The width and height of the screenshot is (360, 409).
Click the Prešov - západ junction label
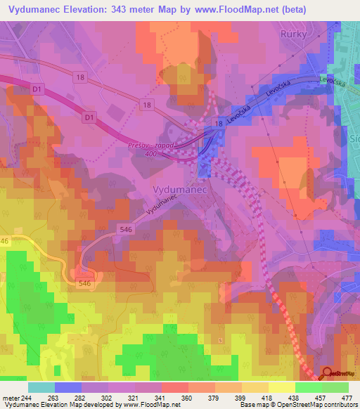(x=130, y=145)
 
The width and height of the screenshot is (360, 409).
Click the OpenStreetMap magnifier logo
(x=327, y=374)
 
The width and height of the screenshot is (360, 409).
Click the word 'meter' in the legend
(x=10, y=398)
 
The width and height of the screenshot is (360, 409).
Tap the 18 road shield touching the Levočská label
(x=220, y=123)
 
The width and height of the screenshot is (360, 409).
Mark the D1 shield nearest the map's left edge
(x=37, y=89)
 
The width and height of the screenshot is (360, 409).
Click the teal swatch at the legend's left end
(x=41, y=387)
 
